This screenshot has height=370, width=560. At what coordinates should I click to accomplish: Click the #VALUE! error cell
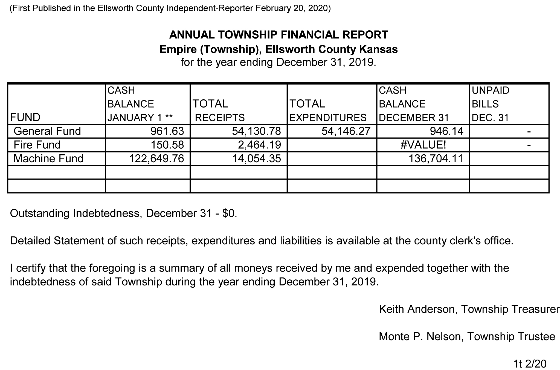pyautogui.click(x=423, y=145)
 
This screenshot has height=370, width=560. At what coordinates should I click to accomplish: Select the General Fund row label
pyautogui.click(x=47, y=131)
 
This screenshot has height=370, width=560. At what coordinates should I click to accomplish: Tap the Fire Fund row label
pyautogui.click(x=37, y=145)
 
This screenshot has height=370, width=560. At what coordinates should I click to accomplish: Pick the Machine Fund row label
pyautogui.click(x=48, y=158)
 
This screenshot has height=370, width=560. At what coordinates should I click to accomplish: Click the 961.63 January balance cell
pyautogui.click(x=167, y=131)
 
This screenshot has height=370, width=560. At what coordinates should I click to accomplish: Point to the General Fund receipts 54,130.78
pyautogui.click(x=256, y=131)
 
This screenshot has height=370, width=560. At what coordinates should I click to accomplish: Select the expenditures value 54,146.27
pyautogui.click(x=346, y=131)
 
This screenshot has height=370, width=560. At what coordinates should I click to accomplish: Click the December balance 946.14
pyautogui.click(x=447, y=131)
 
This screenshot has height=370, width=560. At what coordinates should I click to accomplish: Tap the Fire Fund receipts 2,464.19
pyautogui.click(x=259, y=145)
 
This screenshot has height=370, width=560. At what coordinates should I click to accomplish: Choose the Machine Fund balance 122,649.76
pyautogui.click(x=156, y=158)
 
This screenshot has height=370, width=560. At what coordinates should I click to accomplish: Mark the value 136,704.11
pyautogui.click(x=436, y=158)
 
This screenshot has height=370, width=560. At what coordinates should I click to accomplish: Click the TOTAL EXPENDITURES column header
pyautogui.click(x=328, y=111)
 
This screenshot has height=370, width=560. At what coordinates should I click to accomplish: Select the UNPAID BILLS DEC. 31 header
pyautogui.click(x=491, y=104)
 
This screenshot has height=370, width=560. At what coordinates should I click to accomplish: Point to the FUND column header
pyautogui.click(x=25, y=117)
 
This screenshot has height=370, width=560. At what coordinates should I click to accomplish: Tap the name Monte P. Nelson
pyautogui.click(x=420, y=336)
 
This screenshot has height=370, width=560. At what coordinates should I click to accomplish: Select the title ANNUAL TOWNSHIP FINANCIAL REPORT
pyautogui.click(x=278, y=35)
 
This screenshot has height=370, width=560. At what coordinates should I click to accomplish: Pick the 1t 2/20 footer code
pyautogui.click(x=530, y=364)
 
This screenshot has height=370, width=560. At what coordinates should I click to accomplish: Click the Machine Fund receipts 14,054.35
pyautogui.click(x=256, y=158)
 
